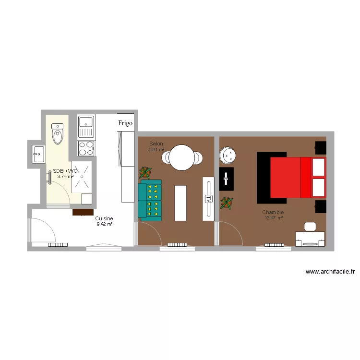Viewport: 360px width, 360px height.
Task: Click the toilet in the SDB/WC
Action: tap(58, 134)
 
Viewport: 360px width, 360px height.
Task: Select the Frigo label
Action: tap(125, 123)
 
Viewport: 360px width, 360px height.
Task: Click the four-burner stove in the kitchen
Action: tap(86, 148)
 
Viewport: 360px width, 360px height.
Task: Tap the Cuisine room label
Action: tap(104, 218)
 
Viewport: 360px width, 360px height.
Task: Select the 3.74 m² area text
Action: tap(65, 176)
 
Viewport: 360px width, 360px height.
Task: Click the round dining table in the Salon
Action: tap(182, 157)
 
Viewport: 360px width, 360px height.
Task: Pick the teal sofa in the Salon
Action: tap(150, 199)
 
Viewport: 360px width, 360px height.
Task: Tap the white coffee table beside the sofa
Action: tap(180, 202)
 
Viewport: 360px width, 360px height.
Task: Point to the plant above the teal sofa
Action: tap(145, 172)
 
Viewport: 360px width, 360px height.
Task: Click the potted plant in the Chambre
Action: tap(226, 204)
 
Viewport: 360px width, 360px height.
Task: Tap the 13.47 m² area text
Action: tap(273, 218)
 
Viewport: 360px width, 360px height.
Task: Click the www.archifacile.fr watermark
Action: tap(330, 272)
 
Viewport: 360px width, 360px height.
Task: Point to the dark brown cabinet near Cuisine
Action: tap(83, 211)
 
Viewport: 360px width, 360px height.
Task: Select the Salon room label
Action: tap(156, 144)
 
